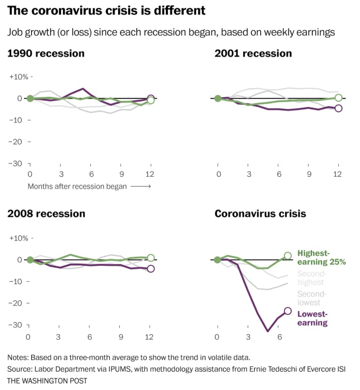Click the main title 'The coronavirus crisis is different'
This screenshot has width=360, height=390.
(106, 11)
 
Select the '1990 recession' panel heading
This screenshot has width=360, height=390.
(46, 53)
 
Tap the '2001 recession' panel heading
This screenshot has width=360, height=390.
(253, 53)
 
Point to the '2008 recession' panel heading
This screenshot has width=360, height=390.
(46, 213)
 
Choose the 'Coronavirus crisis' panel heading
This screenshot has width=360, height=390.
(260, 213)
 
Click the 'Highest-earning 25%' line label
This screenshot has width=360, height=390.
(322, 257)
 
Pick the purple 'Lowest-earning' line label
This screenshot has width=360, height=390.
(312, 318)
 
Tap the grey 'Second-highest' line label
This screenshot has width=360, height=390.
(311, 278)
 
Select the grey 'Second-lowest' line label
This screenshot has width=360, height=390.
(311, 298)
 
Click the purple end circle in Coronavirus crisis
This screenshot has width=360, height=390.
(288, 311)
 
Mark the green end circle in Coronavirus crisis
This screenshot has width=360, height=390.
(288, 256)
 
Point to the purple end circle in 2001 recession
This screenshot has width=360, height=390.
(339, 108)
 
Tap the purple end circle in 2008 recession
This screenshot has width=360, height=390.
(150, 269)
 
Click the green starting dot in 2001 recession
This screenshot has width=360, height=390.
(218, 98)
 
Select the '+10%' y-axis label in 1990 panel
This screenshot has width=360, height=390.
(19, 77)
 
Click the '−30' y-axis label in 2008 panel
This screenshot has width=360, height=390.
(17, 325)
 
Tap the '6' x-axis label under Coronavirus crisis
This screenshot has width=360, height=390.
(279, 337)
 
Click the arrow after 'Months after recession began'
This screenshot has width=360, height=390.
(141, 186)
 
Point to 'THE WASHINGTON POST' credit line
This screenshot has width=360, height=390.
(47, 380)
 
